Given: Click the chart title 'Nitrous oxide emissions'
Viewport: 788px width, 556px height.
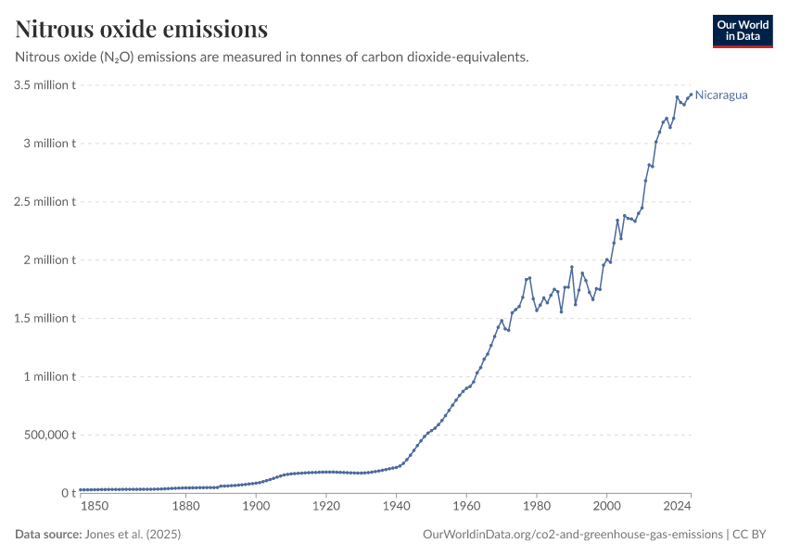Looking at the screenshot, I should [142, 30].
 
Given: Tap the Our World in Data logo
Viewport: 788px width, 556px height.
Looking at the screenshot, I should [742, 31].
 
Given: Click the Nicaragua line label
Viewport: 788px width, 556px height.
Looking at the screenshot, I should [721, 95].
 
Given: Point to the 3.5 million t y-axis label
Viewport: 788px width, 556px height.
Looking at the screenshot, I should [44, 85].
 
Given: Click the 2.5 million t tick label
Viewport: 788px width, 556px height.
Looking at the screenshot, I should [44, 202].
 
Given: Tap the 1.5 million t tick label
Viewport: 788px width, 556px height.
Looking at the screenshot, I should [44, 319].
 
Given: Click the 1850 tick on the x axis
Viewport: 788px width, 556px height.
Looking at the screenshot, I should [94, 506].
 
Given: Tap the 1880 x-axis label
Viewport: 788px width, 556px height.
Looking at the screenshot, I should [186, 506].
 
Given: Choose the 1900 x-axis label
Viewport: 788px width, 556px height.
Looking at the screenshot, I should [256, 506].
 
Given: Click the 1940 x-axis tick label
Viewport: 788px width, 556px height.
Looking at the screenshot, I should [396, 506].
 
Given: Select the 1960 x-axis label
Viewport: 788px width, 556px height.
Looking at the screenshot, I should [465, 506].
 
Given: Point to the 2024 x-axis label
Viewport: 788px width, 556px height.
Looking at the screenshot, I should [678, 506].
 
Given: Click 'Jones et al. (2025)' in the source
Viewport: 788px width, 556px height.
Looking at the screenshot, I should [133, 535].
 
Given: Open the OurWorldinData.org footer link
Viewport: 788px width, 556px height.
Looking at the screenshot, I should [572, 535].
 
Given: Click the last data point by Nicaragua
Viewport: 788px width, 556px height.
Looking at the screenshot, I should [691, 94].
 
